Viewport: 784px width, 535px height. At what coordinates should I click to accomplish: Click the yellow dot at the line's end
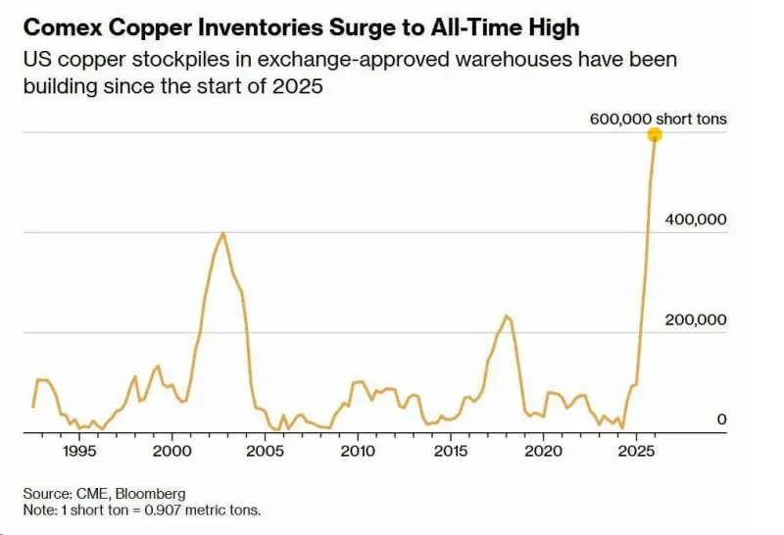tap(655, 135)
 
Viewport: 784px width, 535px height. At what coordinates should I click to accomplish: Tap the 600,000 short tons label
tap(659, 120)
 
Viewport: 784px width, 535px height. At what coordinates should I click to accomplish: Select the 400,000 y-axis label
tap(696, 219)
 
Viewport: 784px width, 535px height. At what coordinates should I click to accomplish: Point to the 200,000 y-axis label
tap(696, 319)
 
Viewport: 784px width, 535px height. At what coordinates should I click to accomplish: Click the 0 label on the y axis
tap(721, 419)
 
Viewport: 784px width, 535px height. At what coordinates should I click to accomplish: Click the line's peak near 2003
tap(223, 233)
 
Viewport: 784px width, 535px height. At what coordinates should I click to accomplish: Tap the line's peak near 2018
tap(506, 316)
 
